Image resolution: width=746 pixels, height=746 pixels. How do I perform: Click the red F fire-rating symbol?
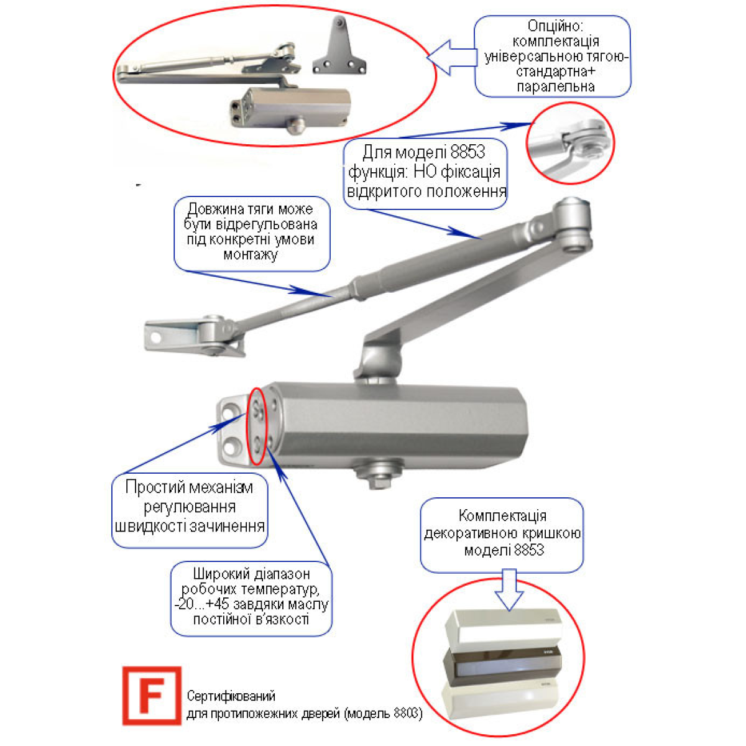pos(151,695)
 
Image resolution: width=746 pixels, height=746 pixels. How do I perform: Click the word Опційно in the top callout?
pos(555,26)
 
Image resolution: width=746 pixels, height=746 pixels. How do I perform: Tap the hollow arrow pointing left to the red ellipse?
pos(452,57)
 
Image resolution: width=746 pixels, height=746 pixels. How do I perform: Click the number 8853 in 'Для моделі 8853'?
pos(467,152)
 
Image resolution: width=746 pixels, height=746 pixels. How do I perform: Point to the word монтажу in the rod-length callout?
pos(251,255)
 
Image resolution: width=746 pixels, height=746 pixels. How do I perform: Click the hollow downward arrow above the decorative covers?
pos(509,590)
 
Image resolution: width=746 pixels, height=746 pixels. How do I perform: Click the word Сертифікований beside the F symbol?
pos(231,696)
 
